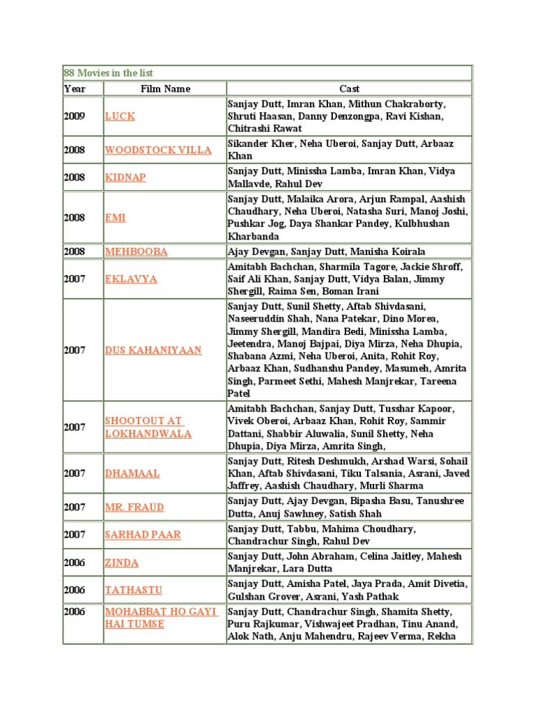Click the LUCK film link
120,116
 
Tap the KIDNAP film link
125,178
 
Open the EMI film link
115,218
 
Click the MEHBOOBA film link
136,251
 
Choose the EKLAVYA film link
131,279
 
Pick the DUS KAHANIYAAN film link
153,350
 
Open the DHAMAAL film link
132,473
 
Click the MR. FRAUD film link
135,508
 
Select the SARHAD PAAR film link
143,535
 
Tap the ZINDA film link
122,563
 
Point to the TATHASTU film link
134,590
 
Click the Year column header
75,89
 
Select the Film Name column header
165,89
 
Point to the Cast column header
349,89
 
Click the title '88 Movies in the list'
109,73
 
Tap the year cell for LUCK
75,116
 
